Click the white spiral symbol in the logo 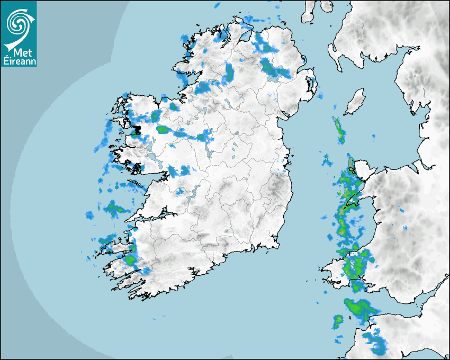[17, 23]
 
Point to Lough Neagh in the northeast [274, 75]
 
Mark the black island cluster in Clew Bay [136, 130]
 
